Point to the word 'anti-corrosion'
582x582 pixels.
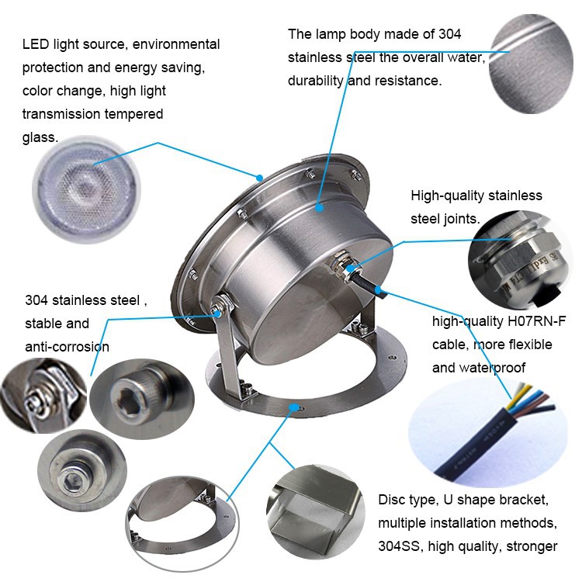[x=67, y=346]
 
